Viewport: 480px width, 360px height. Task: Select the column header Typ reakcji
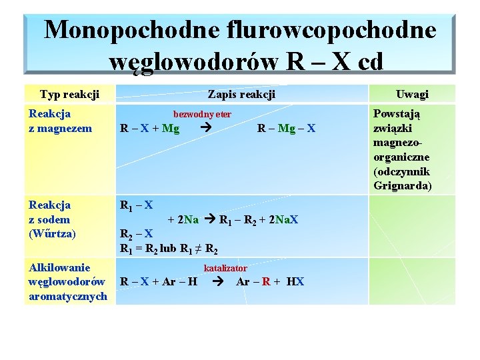[x=70, y=95]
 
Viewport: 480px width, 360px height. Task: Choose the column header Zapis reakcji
[x=241, y=95]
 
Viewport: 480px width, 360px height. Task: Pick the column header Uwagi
[x=412, y=95]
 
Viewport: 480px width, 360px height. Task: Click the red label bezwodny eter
[x=202, y=115]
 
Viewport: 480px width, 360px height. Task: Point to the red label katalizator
[x=225, y=268]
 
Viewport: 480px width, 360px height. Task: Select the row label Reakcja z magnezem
[x=60, y=121]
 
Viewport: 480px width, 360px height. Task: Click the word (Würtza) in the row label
[x=53, y=234]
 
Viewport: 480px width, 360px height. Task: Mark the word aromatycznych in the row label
[x=68, y=296]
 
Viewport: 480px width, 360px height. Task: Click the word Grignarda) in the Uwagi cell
[x=403, y=185]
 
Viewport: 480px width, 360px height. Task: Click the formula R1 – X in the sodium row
[x=136, y=205]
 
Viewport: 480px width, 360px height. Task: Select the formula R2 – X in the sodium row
[x=136, y=234]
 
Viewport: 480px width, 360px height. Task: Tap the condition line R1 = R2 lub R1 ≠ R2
[x=169, y=249]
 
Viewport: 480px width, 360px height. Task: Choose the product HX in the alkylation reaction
[x=295, y=282]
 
